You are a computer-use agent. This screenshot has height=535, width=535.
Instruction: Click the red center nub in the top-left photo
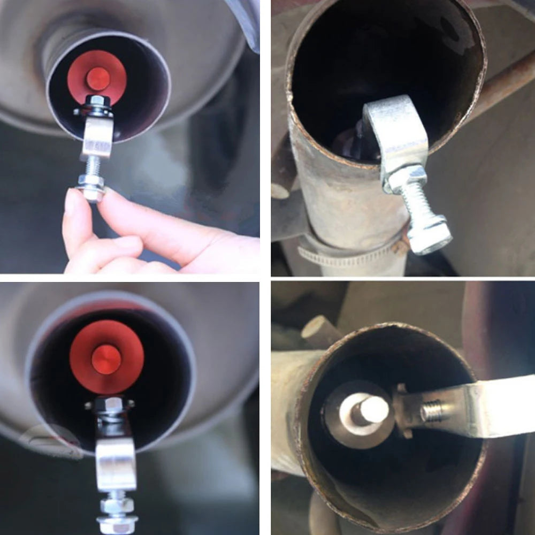pyautogui.click(x=98, y=79)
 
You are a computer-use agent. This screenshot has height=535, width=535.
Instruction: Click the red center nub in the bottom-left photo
pyautogui.click(x=106, y=359)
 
